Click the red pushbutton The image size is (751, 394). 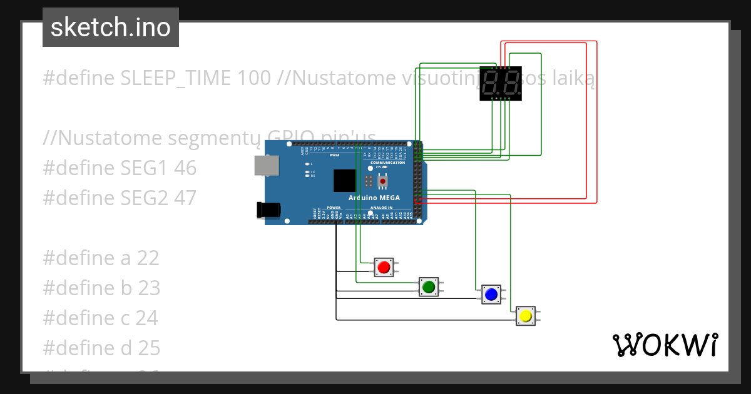pyautogui.click(x=384, y=268)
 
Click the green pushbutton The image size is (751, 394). pyautogui.click(x=429, y=287)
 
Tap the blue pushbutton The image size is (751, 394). pyautogui.click(x=491, y=294)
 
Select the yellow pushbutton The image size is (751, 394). pyautogui.click(x=526, y=316)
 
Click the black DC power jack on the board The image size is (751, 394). pyautogui.click(x=267, y=210)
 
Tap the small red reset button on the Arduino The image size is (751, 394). pyautogui.click(x=382, y=181)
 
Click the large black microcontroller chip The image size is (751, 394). pyautogui.click(x=344, y=181)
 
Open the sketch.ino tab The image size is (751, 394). pyautogui.click(x=111, y=28)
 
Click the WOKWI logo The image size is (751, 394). pyautogui.click(x=665, y=345)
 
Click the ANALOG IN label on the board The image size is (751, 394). pyautogui.click(x=381, y=208)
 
